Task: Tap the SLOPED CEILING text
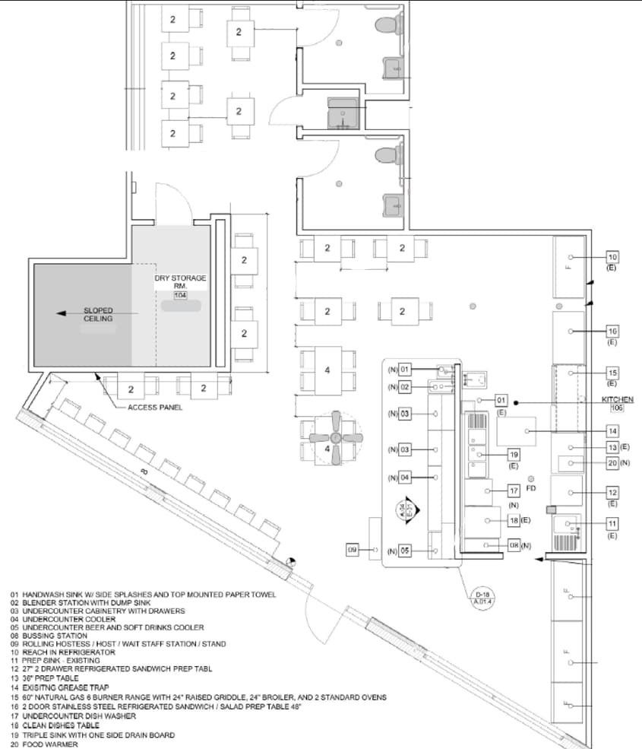click(98, 315)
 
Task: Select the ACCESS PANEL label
click(150, 408)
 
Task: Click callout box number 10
click(612, 257)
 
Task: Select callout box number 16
click(612, 332)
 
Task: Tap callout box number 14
click(612, 431)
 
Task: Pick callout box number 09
click(353, 549)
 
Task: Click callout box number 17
click(514, 491)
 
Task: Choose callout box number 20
click(612, 462)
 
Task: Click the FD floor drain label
click(531, 488)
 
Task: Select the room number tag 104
click(180, 294)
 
